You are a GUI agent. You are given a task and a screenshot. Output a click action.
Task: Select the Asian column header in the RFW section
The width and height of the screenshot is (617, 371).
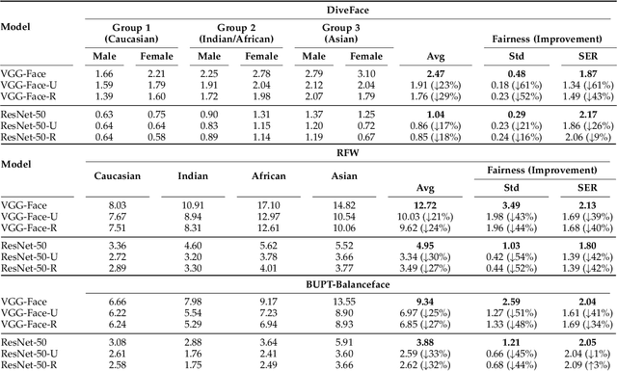(x=352, y=176)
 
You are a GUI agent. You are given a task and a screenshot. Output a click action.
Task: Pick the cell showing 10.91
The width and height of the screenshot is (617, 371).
(x=193, y=205)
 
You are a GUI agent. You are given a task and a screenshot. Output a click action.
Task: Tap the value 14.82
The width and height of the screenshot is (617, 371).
(x=352, y=205)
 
